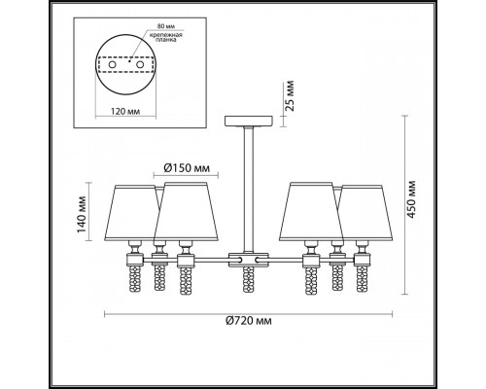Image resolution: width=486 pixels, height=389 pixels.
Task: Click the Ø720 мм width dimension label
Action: pos(249,321)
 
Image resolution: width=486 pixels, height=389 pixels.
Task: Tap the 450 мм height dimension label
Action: pos(411,199)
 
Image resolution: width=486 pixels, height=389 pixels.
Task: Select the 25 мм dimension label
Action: pos(290,96)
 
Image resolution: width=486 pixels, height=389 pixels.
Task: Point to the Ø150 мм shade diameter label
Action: pos(187,168)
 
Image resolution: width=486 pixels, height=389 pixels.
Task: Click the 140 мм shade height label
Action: pos(82,214)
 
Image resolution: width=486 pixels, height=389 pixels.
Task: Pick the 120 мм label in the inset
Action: pos(125,112)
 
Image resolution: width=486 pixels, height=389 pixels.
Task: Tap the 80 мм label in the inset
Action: pos(164,26)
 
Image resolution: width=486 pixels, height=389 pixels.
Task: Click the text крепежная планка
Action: pos(165,37)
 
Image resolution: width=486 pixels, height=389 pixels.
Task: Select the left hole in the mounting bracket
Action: pos(112,65)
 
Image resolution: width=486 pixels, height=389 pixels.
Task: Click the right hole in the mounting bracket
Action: pos(140,65)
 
